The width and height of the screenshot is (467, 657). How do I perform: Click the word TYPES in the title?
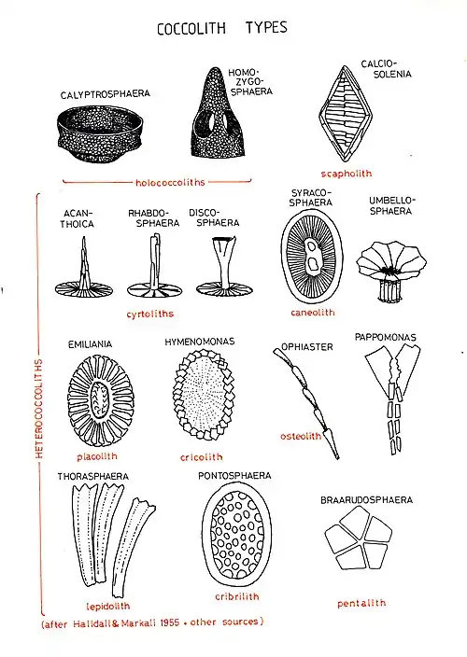click(266, 28)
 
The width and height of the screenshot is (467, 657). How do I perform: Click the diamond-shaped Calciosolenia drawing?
click(346, 114)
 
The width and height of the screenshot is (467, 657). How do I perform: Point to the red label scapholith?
click(347, 174)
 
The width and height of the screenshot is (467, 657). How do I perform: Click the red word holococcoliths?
click(170, 183)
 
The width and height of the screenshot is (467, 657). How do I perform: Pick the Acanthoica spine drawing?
click(84, 272)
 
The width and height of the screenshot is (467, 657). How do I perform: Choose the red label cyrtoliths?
click(149, 314)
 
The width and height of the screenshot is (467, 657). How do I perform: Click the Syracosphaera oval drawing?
click(312, 256)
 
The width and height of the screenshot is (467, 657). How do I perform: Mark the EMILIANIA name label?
click(90, 344)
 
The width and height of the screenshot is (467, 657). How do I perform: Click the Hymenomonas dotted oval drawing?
click(204, 395)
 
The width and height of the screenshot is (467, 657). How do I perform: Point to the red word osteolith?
click(301, 437)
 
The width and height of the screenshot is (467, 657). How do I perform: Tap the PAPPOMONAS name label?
click(385, 337)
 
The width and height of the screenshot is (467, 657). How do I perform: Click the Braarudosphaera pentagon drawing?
click(359, 538)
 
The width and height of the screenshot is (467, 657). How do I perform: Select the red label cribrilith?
click(237, 596)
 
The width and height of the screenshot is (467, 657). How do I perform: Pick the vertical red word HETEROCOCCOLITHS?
click(39, 408)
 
